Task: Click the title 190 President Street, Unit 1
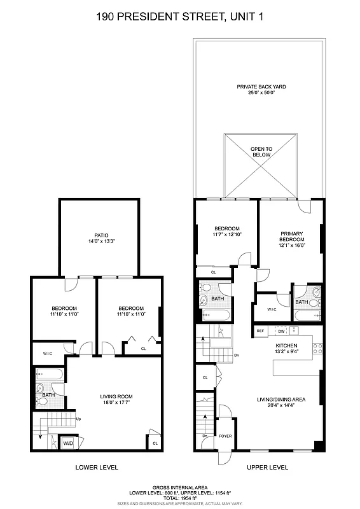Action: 180,19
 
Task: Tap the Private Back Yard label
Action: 261,86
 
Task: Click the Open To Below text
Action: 261,151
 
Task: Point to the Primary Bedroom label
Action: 292,236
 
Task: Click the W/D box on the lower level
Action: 68,443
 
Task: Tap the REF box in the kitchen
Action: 260,331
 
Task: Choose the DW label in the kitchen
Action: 280,331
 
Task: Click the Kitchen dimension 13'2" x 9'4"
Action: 285,350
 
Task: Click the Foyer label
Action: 225,436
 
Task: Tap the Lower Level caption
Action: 97,468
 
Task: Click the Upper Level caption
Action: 267,468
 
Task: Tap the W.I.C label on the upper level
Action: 272,310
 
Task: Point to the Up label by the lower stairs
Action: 78,419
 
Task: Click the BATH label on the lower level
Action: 48,395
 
